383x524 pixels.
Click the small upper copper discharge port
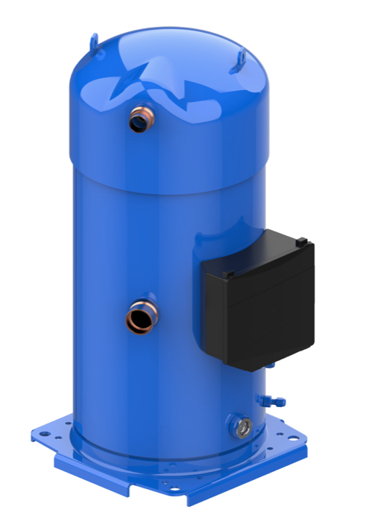point(139,119)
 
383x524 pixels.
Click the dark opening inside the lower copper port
point(136,322)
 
